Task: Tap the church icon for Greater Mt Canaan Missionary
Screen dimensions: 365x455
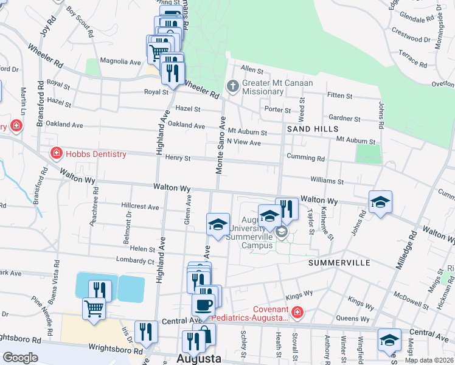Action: pyautogui.click(x=232, y=86)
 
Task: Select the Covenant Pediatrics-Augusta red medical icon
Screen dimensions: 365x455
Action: pyautogui.click(x=297, y=313)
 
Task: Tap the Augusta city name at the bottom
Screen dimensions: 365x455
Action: pyautogui.click(x=198, y=358)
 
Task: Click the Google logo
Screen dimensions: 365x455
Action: pyautogui.click(x=20, y=358)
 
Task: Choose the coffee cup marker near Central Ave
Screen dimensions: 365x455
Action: pyautogui.click(x=203, y=304)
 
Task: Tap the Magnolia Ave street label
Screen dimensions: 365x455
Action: pyautogui.click(x=121, y=61)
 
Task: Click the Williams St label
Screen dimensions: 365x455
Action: pyautogui.click(x=327, y=181)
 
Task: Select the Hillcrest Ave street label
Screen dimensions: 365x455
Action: pyautogui.click(x=140, y=207)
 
